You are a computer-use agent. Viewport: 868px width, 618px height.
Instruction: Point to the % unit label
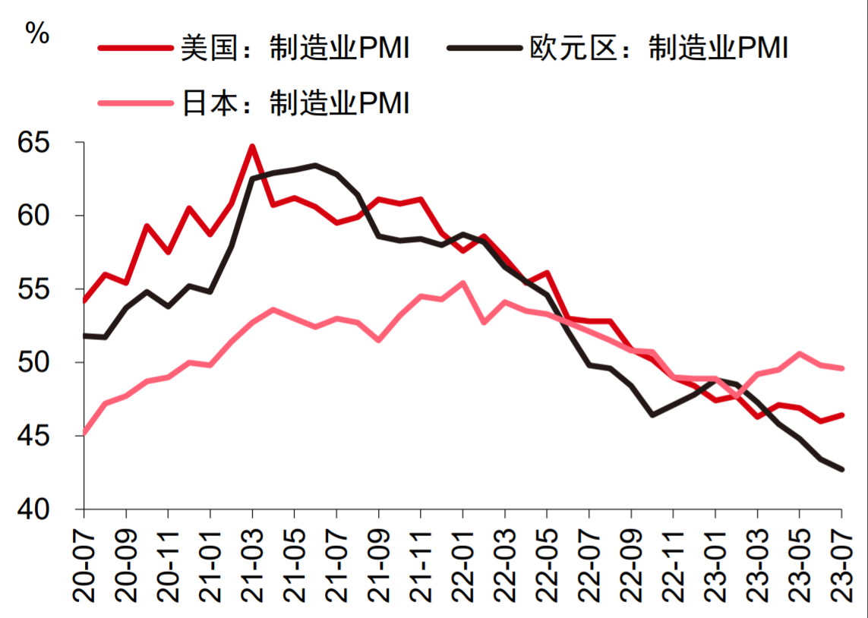(37, 32)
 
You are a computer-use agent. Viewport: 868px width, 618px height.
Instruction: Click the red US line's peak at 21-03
(252, 147)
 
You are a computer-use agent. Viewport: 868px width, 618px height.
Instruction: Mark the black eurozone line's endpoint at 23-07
(842, 469)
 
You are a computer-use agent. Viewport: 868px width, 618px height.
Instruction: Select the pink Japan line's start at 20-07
(84, 434)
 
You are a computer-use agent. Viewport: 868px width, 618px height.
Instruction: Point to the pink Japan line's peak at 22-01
(462, 283)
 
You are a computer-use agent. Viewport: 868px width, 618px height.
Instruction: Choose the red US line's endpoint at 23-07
(842, 415)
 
